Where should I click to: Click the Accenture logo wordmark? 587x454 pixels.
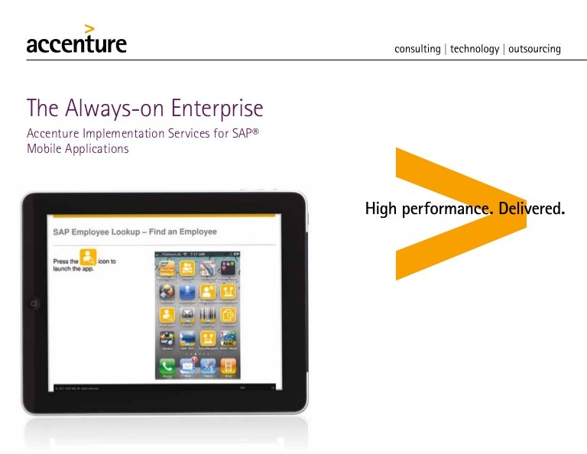(x=76, y=44)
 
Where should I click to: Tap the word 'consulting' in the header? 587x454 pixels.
(x=417, y=49)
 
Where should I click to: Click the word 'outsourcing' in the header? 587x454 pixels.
(x=534, y=49)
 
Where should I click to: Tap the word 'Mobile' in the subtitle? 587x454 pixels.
(x=44, y=148)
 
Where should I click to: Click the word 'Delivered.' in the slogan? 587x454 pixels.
(x=531, y=208)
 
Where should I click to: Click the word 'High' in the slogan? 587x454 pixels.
(x=381, y=208)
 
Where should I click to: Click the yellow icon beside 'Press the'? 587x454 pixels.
(x=89, y=260)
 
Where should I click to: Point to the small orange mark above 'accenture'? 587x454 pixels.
(x=89, y=29)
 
